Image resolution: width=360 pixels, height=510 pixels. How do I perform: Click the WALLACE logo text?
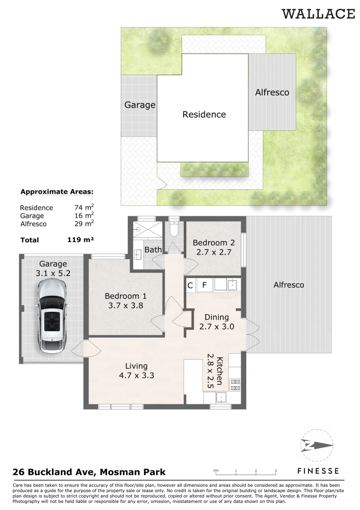point(318,14)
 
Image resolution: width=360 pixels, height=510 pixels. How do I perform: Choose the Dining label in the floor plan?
point(217,317)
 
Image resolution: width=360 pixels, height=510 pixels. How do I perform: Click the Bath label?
point(153,249)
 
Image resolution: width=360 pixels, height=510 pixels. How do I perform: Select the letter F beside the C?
point(204,285)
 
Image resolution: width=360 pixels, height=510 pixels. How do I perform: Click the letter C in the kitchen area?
point(191,285)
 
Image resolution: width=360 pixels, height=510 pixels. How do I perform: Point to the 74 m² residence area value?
point(84,207)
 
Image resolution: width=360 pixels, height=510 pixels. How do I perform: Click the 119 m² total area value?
point(80,240)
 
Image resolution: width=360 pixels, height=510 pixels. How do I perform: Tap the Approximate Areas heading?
point(57,192)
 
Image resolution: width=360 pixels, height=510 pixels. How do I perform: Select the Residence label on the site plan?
point(204,114)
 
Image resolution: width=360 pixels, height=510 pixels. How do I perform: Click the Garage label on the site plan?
point(140,105)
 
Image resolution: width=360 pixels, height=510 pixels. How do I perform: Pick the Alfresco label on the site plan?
point(272,93)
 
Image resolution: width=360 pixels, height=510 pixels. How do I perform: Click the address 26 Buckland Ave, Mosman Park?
point(89,472)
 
